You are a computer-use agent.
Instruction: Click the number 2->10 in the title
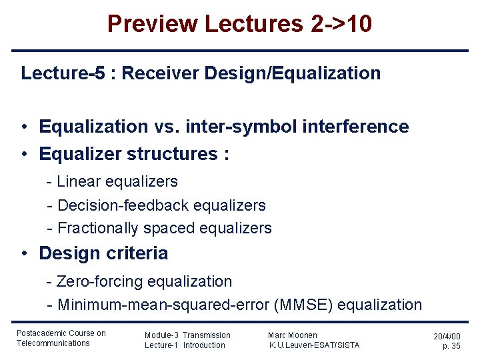pyautogui.click(x=341, y=25)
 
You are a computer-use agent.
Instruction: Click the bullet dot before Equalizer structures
pyautogui.click(x=23, y=155)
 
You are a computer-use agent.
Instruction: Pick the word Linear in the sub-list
pyautogui.click(x=79, y=181)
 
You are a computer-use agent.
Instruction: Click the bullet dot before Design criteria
pyautogui.click(x=23, y=254)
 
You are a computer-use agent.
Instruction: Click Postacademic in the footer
pyautogui.click(x=41, y=333)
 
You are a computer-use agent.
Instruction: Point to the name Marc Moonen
pyautogui.click(x=293, y=335)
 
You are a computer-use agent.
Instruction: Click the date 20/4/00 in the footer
pyautogui.click(x=447, y=337)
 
